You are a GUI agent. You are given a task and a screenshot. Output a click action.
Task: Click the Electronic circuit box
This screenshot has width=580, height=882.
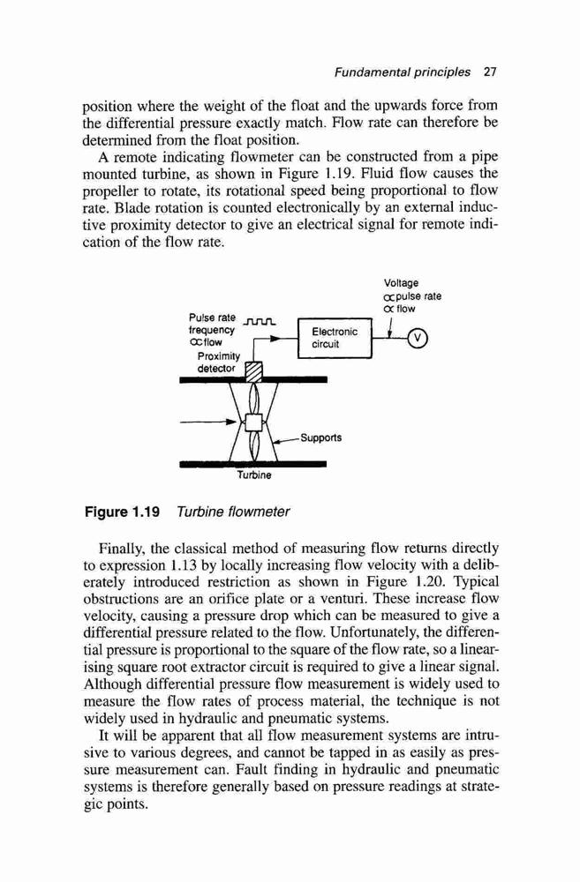pyautogui.click(x=335, y=338)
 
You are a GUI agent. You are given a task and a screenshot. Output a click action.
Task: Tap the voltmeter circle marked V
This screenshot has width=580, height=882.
pyautogui.click(x=418, y=338)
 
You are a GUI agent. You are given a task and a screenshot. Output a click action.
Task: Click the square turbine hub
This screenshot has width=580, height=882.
pyautogui.click(x=254, y=422)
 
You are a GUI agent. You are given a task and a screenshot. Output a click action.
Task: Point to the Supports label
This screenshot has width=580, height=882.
pyautogui.click(x=320, y=437)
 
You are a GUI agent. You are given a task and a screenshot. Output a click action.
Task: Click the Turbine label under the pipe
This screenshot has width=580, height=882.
pyautogui.click(x=254, y=475)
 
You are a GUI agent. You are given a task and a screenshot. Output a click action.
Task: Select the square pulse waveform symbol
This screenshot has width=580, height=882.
pyautogui.click(x=259, y=322)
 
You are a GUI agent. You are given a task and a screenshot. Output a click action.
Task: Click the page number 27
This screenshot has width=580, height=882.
pyautogui.click(x=490, y=72)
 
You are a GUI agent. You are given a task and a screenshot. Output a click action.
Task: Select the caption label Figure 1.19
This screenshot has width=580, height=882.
pyautogui.click(x=122, y=512)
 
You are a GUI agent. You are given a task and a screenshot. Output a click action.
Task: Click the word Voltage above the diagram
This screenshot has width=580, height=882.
pyautogui.click(x=401, y=283)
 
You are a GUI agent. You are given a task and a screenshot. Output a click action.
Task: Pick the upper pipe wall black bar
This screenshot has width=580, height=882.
pyautogui.click(x=253, y=379)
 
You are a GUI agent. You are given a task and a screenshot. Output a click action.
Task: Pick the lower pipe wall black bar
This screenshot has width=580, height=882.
pyautogui.click(x=252, y=464)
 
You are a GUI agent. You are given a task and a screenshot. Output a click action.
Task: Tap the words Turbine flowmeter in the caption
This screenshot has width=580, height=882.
pyautogui.click(x=233, y=512)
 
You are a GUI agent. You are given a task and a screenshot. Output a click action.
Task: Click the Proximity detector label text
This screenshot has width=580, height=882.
pyautogui.click(x=218, y=363)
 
